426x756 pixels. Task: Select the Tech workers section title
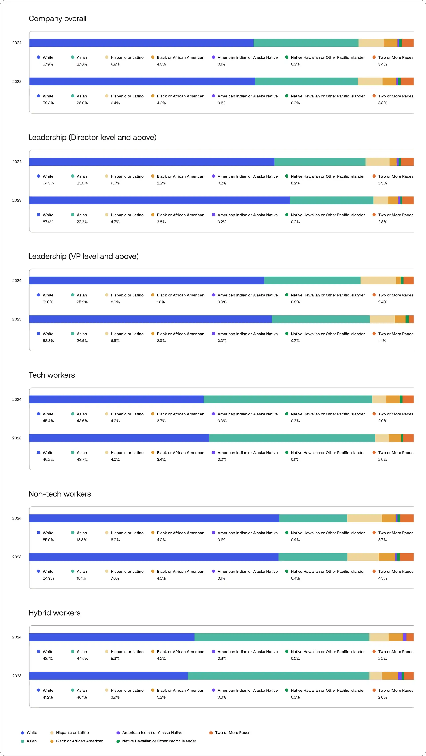coord(52,375)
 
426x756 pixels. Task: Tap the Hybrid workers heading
coord(54,613)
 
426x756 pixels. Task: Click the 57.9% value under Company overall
coord(48,64)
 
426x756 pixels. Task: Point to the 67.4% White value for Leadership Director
coord(48,222)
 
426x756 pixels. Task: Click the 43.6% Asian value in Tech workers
coord(82,421)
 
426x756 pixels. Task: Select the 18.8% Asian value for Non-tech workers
coord(82,540)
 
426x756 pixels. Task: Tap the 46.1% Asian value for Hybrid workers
coord(82,697)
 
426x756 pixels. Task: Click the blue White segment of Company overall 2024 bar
coord(141,43)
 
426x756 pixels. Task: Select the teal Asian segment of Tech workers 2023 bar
coord(292,438)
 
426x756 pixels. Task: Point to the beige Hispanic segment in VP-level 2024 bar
coord(378,280)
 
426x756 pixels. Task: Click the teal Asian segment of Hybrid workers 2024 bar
coord(282,637)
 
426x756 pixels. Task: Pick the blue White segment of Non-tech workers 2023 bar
coord(154,557)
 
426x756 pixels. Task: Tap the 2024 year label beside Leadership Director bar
coord(17,162)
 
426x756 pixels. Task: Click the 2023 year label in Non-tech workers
coord(17,557)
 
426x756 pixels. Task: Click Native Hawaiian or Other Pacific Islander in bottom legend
coord(159,741)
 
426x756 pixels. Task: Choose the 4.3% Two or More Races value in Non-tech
coord(382,578)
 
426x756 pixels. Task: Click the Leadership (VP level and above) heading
coord(83,256)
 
